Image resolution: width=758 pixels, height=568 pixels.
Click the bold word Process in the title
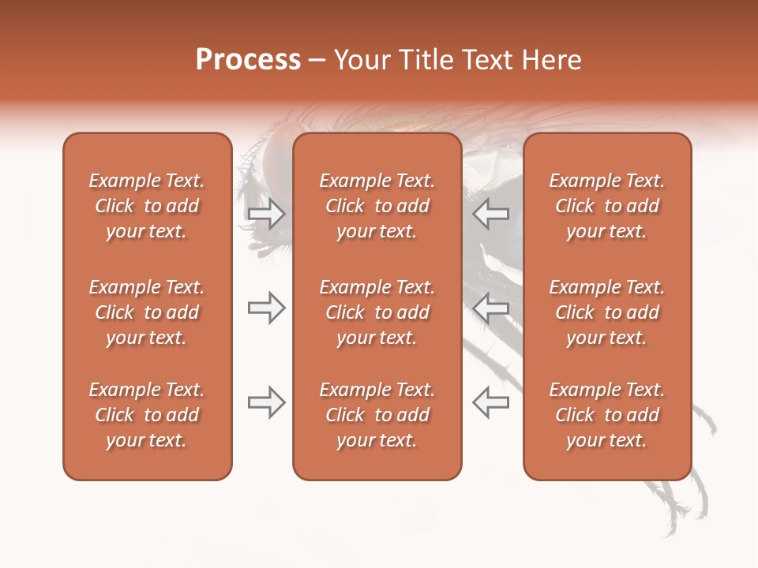[x=248, y=60]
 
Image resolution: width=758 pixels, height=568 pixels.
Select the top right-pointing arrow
[x=266, y=214]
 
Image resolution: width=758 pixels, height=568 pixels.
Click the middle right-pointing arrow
[x=266, y=308]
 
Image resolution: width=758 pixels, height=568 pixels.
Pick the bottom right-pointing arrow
[x=266, y=402]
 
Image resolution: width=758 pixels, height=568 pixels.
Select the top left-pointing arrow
[x=490, y=214]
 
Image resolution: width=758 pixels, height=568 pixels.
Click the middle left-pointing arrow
[x=490, y=308]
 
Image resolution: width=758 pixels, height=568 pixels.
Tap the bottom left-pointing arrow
[x=490, y=402]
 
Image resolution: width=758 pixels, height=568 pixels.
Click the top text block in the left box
[x=147, y=206]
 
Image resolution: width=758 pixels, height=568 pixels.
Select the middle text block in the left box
[x=147, y=312]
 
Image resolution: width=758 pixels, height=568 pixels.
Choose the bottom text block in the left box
[x=147, y=415]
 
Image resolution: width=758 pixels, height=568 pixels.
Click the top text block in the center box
[x=377, y=206]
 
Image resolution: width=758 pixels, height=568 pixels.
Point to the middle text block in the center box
[x=377, y=312]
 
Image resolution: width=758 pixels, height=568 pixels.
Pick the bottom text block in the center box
[x=377, y=415]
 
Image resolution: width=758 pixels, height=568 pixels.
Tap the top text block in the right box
[x=607, y=206]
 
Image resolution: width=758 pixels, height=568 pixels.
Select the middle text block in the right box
[x=607, y=312]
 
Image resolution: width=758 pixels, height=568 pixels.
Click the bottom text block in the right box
[x=607, y=415]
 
